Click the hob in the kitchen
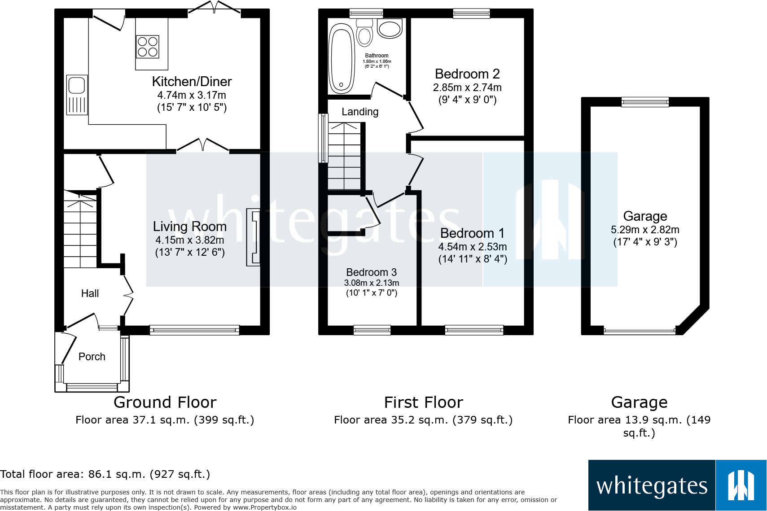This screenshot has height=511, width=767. [x=148, y=47]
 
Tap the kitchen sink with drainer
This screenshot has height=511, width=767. [x=77, y=95]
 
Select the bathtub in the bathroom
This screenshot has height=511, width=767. [x=342, y=58]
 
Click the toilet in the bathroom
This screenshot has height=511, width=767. [x=365, y=34]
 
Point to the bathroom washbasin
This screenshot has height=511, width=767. [x=389, y=28]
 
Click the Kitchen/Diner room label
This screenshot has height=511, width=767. [x=192, y=82]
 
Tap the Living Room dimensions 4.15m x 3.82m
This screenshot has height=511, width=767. [x=189, y=240]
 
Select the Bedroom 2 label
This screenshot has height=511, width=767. [x=467, y=74]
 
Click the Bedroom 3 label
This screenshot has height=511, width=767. [x=371, y=272]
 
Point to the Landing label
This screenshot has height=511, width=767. [x=360, y=112]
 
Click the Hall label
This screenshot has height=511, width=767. [x=90, y=293]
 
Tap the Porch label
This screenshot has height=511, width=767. [x=92, y=357]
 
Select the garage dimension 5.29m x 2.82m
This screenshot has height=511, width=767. [x=645, y=230]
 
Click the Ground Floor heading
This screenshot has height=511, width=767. [x=165, y=402]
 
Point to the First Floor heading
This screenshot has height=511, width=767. [x=423, y=402]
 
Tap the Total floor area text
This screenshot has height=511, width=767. [x=105, y=474]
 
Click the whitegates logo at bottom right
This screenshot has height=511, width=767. [x=677, y=485]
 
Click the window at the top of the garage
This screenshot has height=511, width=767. [x=645, y=102]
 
